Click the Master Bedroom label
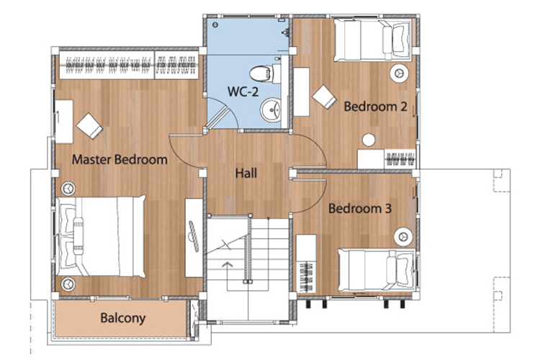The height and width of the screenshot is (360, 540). pos(120,160)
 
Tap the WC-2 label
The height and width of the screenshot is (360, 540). pos(243,91)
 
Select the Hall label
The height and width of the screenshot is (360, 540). pos(246,173)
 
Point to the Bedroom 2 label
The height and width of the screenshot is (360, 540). pos(375,107)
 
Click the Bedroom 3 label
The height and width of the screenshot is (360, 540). pos(360,208)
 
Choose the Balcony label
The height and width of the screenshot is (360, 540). pos(123,318)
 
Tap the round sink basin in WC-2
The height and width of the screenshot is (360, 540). pos(271,110)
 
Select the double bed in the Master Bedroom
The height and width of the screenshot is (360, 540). pos(101,236)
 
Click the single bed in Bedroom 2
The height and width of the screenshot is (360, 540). pos(373,40)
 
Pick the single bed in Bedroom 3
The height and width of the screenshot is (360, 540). pos(377,271)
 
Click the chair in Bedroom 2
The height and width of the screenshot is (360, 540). pos(325,96)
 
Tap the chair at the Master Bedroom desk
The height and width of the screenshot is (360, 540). pos(89,126)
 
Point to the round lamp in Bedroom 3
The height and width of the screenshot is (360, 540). pos(403,237)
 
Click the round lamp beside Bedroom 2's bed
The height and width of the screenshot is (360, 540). pos(399,73)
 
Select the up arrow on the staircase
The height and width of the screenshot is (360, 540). pos(227,264)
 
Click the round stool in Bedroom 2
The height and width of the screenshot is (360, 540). pos(369,140)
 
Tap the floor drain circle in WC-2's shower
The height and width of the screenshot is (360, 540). pos(215,24)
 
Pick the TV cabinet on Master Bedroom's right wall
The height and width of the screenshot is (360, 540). pos(194,238)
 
